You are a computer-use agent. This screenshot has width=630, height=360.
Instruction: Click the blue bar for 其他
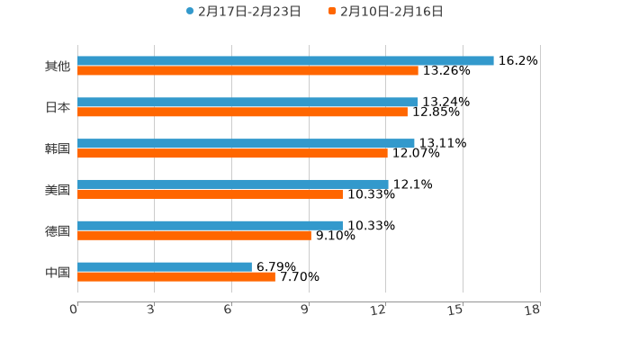pos(285,60)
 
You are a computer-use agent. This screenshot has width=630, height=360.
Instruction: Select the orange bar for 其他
pos(247,70)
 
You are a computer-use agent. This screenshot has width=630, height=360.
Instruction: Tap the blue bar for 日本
pos(247,102)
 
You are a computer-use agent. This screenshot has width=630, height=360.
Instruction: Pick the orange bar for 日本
pos(242,112)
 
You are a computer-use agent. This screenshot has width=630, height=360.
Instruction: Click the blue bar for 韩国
pos(246,143)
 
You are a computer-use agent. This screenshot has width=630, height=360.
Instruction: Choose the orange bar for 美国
pos(210,193)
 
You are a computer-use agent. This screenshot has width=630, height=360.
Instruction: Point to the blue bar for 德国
pos(210,225)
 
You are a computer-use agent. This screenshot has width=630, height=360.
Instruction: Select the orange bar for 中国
pos(176,276)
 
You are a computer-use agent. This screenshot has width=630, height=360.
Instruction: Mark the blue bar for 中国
pos(165,266)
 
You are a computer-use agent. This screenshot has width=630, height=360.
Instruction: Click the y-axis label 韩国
pos(58,148)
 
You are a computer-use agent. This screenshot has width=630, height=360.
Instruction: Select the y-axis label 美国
pos(58,190)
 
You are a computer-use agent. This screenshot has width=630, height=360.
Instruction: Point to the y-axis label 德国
pos(58,230)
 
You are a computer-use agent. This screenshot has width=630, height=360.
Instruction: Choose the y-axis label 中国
pos(58,272)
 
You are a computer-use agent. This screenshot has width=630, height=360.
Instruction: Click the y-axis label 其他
pos(58,67)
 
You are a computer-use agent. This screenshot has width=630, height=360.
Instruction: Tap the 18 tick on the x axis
pos(533,310)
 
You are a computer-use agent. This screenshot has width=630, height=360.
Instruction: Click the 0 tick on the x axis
pos(75,310)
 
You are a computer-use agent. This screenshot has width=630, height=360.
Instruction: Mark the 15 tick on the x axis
pos(455,310)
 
